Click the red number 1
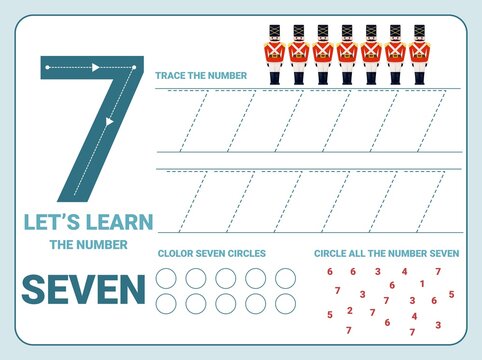point(421,283)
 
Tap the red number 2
point(349,310)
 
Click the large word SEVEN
point(83,289)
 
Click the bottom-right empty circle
point(286,303)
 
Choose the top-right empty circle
point(286,278)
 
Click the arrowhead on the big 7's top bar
point(97,68)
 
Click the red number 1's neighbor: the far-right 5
point(451,294)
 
